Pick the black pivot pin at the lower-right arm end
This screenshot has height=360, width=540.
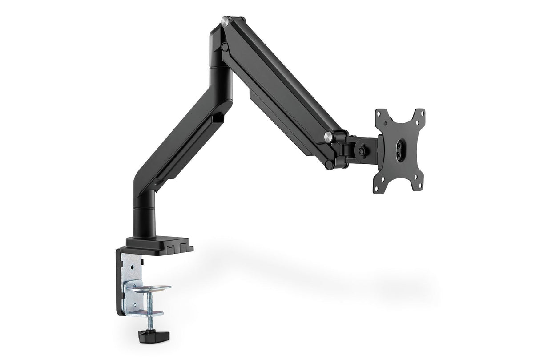[329, 164]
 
